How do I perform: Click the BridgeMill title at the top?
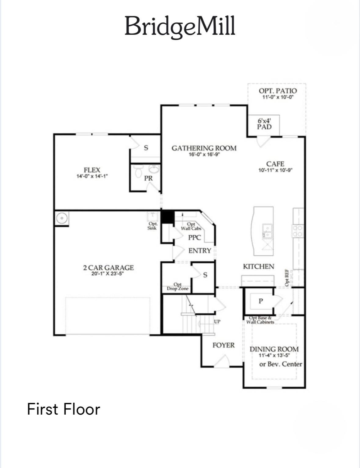(180, 26)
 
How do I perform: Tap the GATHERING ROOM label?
(204, 148)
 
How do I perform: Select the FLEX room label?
(92, 170)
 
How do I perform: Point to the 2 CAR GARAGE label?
(108, 268)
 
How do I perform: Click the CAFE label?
(275, 164)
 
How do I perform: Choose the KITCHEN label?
(258, 266)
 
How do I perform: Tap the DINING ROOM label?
(274, 349)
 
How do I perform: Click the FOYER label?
(224, 345)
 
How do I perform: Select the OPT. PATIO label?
(278, 91)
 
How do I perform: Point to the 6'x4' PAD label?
(264, 124)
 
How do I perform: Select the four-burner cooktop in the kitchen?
(298, 231)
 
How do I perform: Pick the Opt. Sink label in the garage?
(152, 226)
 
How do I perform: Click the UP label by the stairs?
(217, 322)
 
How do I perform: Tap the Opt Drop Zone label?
(177, 286)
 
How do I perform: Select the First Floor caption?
(64, 409)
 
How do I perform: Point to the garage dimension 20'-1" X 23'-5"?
(107, 274)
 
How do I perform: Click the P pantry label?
(261, 301)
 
